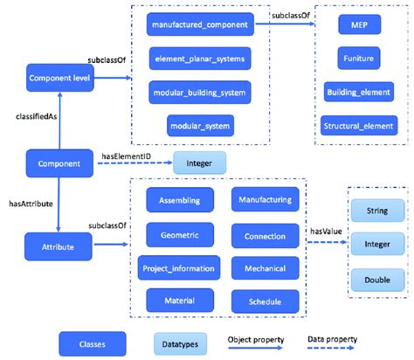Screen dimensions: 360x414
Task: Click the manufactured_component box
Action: point(199,26)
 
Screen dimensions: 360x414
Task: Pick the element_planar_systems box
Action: point(199,59)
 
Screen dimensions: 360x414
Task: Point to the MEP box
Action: point(358,26)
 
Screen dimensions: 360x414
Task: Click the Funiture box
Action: point(358,59)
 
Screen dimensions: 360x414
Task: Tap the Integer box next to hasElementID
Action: point(199,162)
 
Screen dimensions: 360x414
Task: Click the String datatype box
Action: point(376,211)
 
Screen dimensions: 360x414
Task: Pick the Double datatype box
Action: point(376,280)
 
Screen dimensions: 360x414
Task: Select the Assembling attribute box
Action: point(179,202)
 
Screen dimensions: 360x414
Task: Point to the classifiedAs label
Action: point(37,115)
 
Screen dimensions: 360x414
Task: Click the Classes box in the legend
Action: point(93,342)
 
